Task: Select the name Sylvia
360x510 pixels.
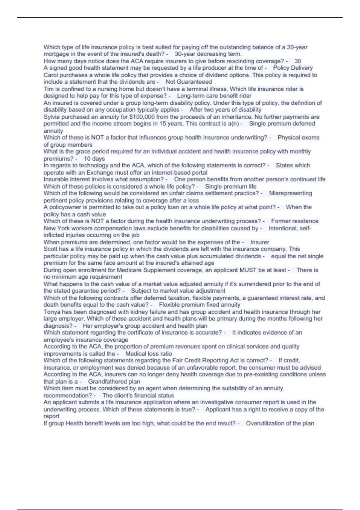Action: click(52, 117)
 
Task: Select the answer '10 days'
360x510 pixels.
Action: click(94, 158)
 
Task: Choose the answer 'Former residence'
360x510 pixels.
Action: click(295, 221)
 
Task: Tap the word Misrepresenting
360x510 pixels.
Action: click(290, 193)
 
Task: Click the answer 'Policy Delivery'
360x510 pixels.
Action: click(293, 68)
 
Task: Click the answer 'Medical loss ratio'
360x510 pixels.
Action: click(148, 354)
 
